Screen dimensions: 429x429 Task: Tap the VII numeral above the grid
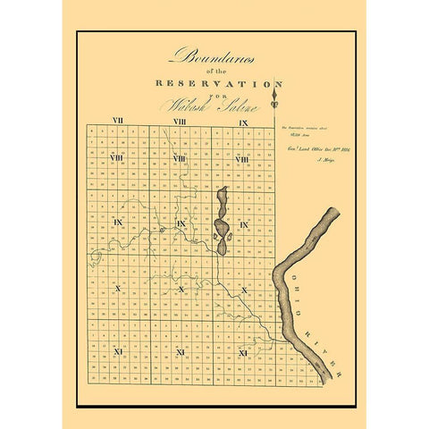click(117, 120)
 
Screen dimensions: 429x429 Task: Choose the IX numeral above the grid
click(242, 120)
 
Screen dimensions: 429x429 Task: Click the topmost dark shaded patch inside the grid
click(224, 201)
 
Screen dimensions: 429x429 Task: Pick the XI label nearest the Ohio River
click(242, 353)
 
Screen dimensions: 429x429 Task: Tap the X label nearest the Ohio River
click(243, 290)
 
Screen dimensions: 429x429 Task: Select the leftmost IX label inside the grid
click(117, 223)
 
